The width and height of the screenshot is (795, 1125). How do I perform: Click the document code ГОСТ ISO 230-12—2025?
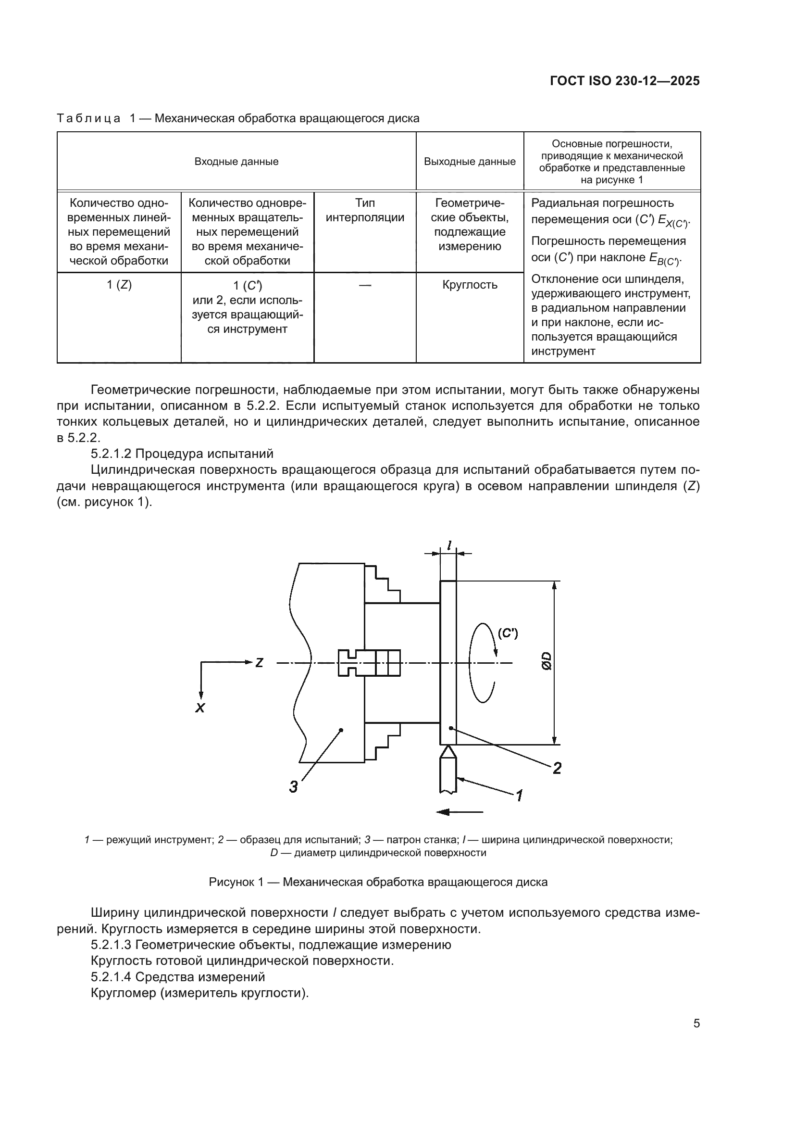(x=624, y=81)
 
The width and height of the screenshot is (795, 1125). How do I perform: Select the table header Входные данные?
(x=236, y=162)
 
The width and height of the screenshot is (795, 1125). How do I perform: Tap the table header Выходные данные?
(x=470, y=162)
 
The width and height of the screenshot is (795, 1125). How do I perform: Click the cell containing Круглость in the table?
(x=470, y=285)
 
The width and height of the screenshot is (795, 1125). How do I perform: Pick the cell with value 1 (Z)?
(x=119, y=285)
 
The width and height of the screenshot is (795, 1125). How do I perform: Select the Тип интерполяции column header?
(x=365, y=210)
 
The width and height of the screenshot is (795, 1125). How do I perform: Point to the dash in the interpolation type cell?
(x=365, y=285)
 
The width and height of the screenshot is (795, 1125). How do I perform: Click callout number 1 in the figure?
(x=520, y=795)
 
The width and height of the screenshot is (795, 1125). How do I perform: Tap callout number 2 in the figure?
(x=557, y=768)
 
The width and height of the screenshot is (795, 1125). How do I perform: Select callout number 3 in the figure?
(x=293, y=787)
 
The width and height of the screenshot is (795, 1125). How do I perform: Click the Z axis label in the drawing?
(x=259, y=663)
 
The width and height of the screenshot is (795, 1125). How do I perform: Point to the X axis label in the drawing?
(x=200, y=708)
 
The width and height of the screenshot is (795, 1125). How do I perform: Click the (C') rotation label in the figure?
(x=508, y=633)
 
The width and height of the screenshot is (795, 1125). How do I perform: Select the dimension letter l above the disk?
(x=449, y=544)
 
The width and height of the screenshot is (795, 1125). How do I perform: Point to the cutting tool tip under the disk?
(x=448, y=751)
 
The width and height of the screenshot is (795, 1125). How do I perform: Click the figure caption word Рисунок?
(x=232, y=882)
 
